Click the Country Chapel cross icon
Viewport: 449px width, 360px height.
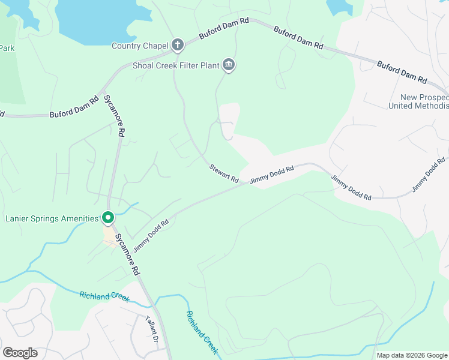177,44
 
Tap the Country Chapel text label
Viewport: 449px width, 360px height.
139,46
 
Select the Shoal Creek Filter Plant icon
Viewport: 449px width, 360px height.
228,65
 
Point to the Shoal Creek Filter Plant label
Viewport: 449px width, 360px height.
175,65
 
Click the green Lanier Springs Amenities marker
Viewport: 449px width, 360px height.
108,217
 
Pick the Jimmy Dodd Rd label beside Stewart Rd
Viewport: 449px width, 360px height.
272,174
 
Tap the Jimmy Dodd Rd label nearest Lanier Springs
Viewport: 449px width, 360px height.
151,235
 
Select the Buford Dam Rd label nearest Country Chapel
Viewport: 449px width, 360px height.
224,28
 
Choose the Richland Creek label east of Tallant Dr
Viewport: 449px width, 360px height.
201,332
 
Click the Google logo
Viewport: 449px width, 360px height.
20,353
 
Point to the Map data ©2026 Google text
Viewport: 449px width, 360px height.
411,355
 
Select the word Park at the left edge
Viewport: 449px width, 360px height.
7,48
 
